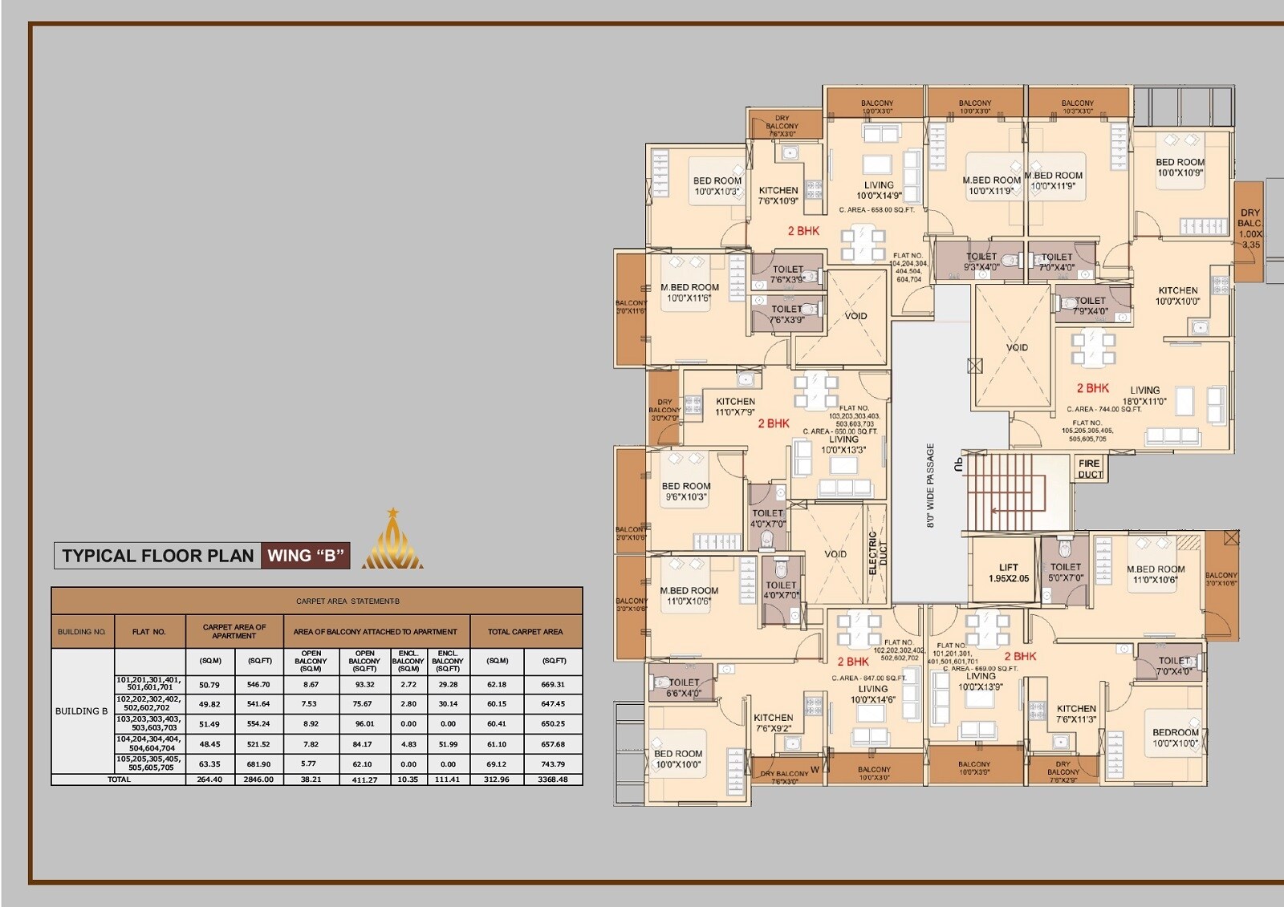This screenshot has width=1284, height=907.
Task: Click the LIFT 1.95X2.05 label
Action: coord(1008,573)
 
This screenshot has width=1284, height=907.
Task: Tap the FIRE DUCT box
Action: coord(1089,468)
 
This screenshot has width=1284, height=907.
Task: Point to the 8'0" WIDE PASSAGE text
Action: coord(931,485)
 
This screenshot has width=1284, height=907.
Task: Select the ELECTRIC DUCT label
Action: coord(877,553)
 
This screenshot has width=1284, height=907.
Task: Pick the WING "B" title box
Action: coord(306,556)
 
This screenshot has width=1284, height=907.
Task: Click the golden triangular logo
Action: coord(392,541)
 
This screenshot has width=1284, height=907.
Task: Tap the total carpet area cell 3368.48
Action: coord(553,779)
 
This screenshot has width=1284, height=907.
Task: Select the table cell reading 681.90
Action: coord(258,764)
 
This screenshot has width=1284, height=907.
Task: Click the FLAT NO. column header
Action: coord(149,632)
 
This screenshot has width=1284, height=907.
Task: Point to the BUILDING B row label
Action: coord(81,711)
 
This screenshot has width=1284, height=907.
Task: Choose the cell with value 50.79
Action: coord(209,685)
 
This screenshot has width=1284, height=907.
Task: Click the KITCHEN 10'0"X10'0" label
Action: coord(1177,296)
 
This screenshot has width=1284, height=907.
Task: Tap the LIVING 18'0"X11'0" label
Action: coord(1144,395)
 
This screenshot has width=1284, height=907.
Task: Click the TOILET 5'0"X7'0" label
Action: coord(1065,572)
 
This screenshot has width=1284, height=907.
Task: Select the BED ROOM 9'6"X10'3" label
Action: coord(686,492)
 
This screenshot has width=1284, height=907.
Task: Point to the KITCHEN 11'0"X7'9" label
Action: coord(735,407)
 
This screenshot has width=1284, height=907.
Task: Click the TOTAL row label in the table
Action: coord(119,779)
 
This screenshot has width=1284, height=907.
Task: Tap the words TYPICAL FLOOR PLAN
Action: coord(157,556)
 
